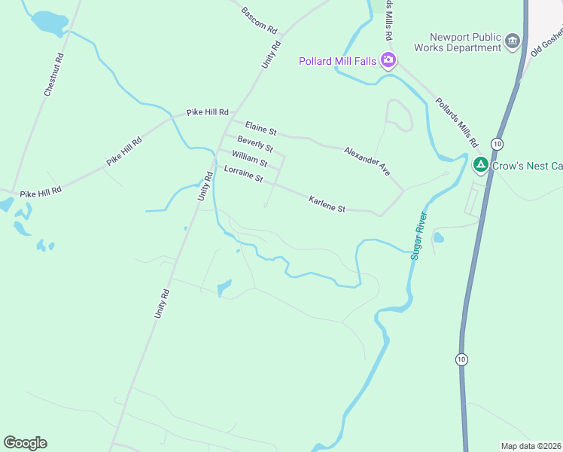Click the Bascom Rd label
tap(260, 20)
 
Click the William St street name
tap(249, 158)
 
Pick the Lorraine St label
tap(243, 174)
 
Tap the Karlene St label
tap(327, 203)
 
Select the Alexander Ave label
tap(367, 161)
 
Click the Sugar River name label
tap(418, 236)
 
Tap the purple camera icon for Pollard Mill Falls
tap(388, 60)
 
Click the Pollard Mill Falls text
tap(337, 61)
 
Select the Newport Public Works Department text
tap(465, 42)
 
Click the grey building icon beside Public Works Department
tap(513, 41)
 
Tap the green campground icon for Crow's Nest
tap(480, 164)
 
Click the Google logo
tap(25, 443)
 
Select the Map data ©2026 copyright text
tap(531, 446)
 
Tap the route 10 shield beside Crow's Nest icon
tap(497, 143)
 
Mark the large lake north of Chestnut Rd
tap(50, 23)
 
